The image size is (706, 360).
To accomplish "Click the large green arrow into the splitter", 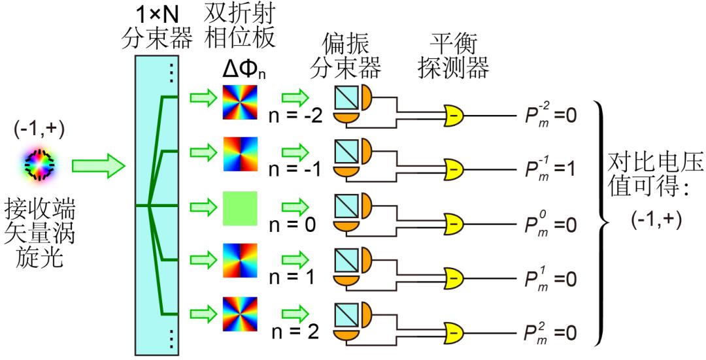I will pos(98,165).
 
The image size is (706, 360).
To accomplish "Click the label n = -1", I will pos(294,171).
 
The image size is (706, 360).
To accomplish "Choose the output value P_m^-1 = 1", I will pos(550,170).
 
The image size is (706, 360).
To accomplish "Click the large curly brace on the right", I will pos(602,223).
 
